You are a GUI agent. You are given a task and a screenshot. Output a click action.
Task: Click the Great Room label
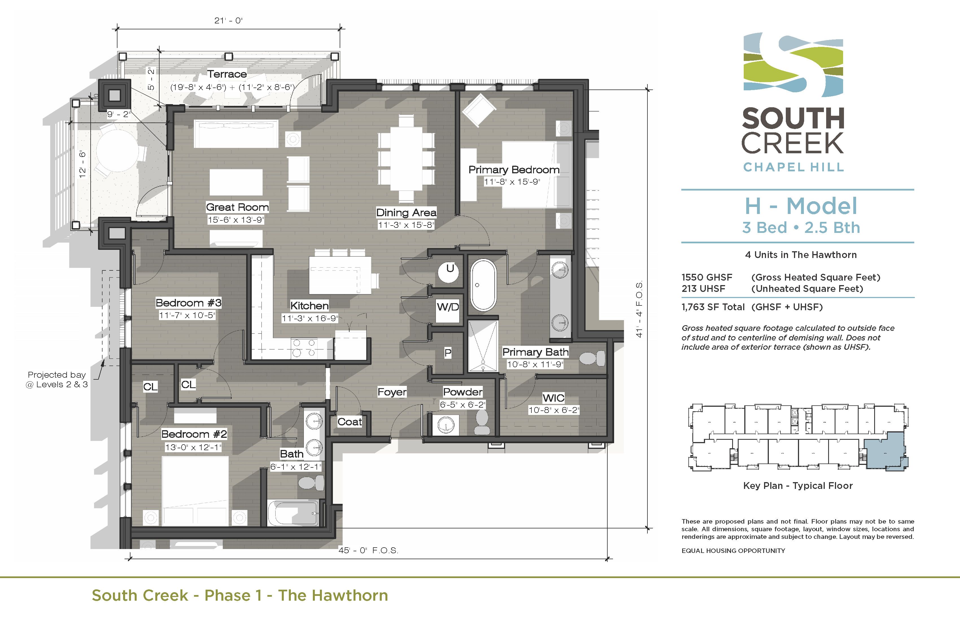[x=237, y=207]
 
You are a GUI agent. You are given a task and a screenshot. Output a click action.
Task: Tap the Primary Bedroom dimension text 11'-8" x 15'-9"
[x=512, y=182]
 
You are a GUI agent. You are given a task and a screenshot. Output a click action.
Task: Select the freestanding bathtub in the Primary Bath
[x=483, y=285]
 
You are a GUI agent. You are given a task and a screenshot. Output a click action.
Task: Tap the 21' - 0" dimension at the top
[x=228, y=21]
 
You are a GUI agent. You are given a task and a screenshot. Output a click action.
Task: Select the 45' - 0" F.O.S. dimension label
[x=368, y=550]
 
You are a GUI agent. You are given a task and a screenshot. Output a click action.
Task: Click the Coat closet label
[x=349, y=422]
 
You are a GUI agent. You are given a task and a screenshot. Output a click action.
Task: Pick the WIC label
[x=553, y=398]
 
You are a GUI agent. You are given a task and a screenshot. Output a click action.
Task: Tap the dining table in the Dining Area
[x=406, y=158]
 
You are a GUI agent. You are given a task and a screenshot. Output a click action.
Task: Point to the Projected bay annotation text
[x=56, y=379]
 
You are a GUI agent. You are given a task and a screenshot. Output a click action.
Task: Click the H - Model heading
[x=801, y=206]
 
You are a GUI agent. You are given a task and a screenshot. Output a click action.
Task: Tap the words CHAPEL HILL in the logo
[x=793, y=167]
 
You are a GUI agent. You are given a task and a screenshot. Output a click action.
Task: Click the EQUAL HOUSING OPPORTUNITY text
[x=733, y=551]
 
